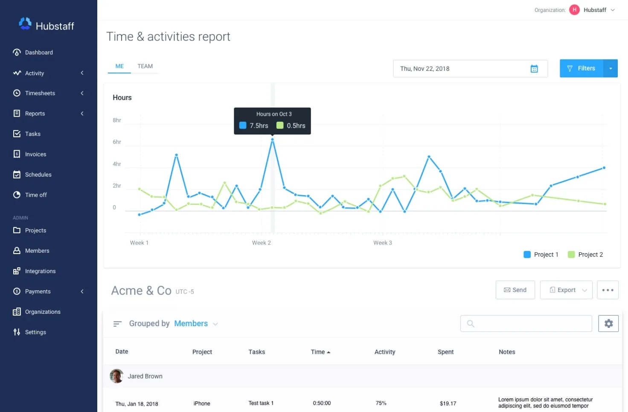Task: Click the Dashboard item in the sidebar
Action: (x=38, y=53)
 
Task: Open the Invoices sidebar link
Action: (x=35, y=154)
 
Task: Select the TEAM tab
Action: (x=145, y=66)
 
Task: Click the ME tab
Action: (x=119, y=66)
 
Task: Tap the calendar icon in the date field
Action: (x=534, y=69)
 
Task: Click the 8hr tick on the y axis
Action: (x=116, y=120)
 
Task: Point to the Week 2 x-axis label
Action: (x=261, y=243)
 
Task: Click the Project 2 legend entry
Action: (x=585, y=254)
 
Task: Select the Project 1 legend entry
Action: (x=541, y=254)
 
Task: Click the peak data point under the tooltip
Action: (x=272, y=140)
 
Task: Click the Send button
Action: (x=515, y=290)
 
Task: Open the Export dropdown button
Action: (x=566, y=290)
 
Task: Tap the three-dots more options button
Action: (x=608, y=290)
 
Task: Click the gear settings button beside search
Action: (x=608, y=324)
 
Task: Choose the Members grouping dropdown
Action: (x=196, y=324)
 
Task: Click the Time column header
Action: (x=320, y=352)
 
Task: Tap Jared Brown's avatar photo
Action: (x=116, y=376)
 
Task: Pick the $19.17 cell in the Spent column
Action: (x=448, y=403)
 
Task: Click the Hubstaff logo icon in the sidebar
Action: (x=25, y=24)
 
